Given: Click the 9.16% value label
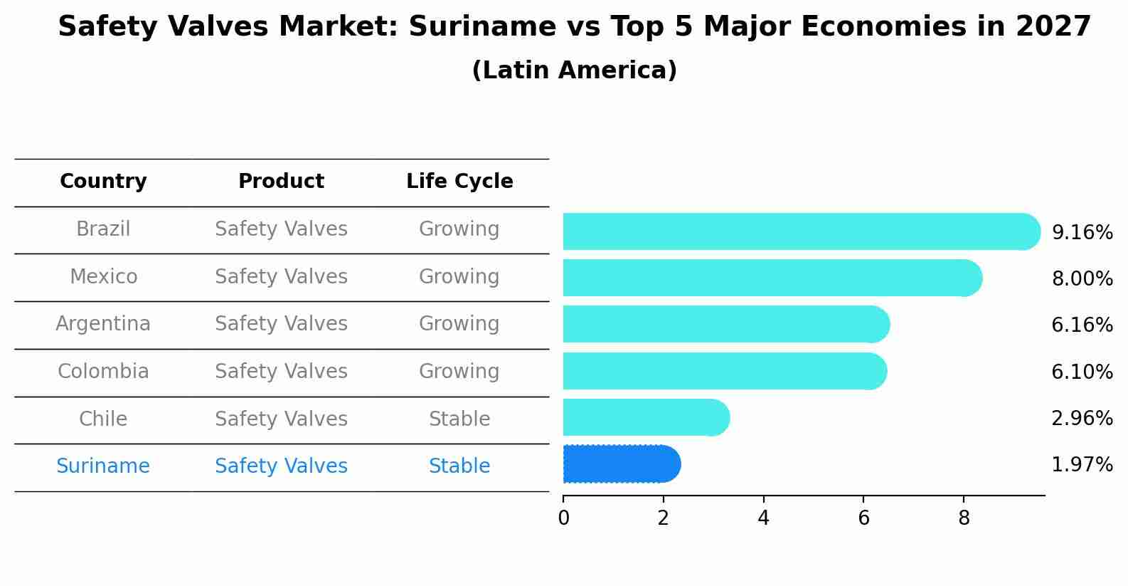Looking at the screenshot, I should tap(1082, 233).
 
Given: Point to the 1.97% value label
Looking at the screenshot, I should tap(1082, 465).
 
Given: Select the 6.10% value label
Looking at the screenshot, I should tap(1082, 372).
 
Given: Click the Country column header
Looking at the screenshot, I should tap(103, 182).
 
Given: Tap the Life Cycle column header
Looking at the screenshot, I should tap(459, 182).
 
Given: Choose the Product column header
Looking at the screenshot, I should tap(281, 182).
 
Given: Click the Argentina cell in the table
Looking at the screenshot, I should tap(103, 324).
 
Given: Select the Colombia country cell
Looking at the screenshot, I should tap(103, 372).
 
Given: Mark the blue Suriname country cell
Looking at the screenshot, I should tap(103, 466).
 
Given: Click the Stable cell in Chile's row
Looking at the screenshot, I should tap(459, 419).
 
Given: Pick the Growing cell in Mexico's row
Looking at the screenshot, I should tap(459, 276).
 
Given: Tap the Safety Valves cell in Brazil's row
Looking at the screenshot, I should tap(281, 229).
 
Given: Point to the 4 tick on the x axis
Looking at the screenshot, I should tap(763, 518).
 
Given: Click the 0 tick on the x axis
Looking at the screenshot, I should tap(563, 518).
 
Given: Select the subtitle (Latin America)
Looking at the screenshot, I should tap(574, 70).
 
